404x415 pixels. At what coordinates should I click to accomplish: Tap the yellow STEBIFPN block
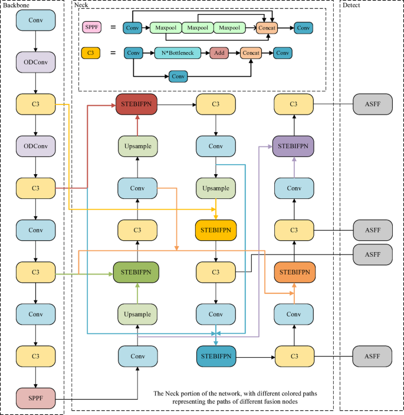pos(215,230)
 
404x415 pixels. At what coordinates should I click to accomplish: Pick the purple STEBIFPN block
pos(294,145)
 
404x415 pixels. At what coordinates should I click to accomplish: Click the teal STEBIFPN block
pos(215,357)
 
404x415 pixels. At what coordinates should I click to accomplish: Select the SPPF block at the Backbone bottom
pos(36,398)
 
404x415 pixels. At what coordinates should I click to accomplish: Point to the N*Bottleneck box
pos(179,53)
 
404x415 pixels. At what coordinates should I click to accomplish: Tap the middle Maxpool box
pos(198,28)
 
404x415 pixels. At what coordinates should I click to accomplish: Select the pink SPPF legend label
pos(92,28)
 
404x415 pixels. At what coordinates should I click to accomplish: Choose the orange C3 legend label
pos(92,53)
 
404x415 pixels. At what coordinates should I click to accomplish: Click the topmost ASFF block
pos(372,104)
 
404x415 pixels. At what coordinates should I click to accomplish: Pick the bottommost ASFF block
pos(372,357)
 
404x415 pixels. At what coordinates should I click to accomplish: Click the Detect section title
pos(352,4)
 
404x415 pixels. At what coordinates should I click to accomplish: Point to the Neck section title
pos(81,4)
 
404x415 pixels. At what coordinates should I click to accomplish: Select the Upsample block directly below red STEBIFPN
pos(137,146)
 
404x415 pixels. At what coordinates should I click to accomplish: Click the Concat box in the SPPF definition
pos(267,28)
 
